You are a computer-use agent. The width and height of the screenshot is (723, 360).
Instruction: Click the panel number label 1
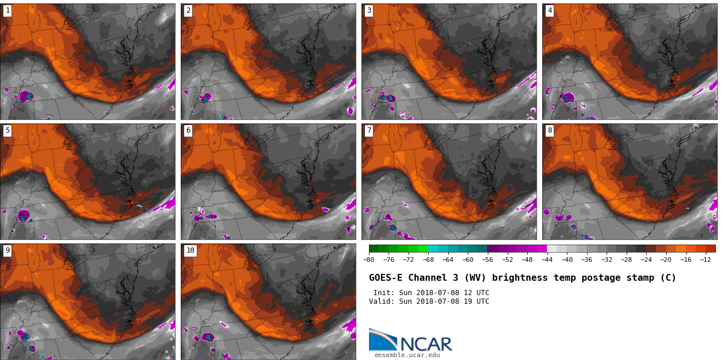pyautogui.click(x=7, y=10)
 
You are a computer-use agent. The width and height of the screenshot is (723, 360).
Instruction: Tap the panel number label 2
pyautogui.click(x=188, y=10)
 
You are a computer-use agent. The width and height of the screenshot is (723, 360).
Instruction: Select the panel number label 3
pyautogui.click(x=369, y=10)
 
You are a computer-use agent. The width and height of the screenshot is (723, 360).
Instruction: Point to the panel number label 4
pyautogui.click(x=550, y=10)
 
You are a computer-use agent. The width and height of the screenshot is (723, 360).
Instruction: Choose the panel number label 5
pyautogui.click(x=7, y=130)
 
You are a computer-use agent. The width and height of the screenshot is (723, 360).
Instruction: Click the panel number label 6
pyautogui.click(x=188, y=130)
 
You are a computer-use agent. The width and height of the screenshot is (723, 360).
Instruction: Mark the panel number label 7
pyautogui.click(x=369, y=130)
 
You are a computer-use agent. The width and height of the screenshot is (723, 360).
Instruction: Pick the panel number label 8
pyautogui.click(x=550, y=130)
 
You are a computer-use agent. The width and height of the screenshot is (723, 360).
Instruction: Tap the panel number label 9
pyautogui.click(x=7, y=250)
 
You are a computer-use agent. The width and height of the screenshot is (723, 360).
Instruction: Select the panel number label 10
pyautogui.click(x=191, y=250)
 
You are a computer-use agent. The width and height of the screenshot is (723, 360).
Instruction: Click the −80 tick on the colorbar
pyautogui.click(x=369, y=260)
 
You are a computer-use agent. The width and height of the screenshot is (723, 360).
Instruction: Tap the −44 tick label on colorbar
pyautogui.click(x=547, y=260)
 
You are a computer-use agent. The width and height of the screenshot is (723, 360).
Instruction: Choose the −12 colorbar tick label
pyautogui.click(x=705, y=260)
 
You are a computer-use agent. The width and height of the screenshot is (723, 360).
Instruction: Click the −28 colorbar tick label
pyautogui.click(x=626, y=260)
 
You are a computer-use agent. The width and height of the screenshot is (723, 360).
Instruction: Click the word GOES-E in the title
pyautogui.click(x=386, y=278)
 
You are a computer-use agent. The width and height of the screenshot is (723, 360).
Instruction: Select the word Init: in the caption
pyautogui.click(x=384, y=293)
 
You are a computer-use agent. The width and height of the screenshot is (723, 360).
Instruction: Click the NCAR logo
pyautogui.click(x=410, y=340)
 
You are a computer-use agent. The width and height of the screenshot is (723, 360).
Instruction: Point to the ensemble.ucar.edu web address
pyautogui.click(x=407, y=355)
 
